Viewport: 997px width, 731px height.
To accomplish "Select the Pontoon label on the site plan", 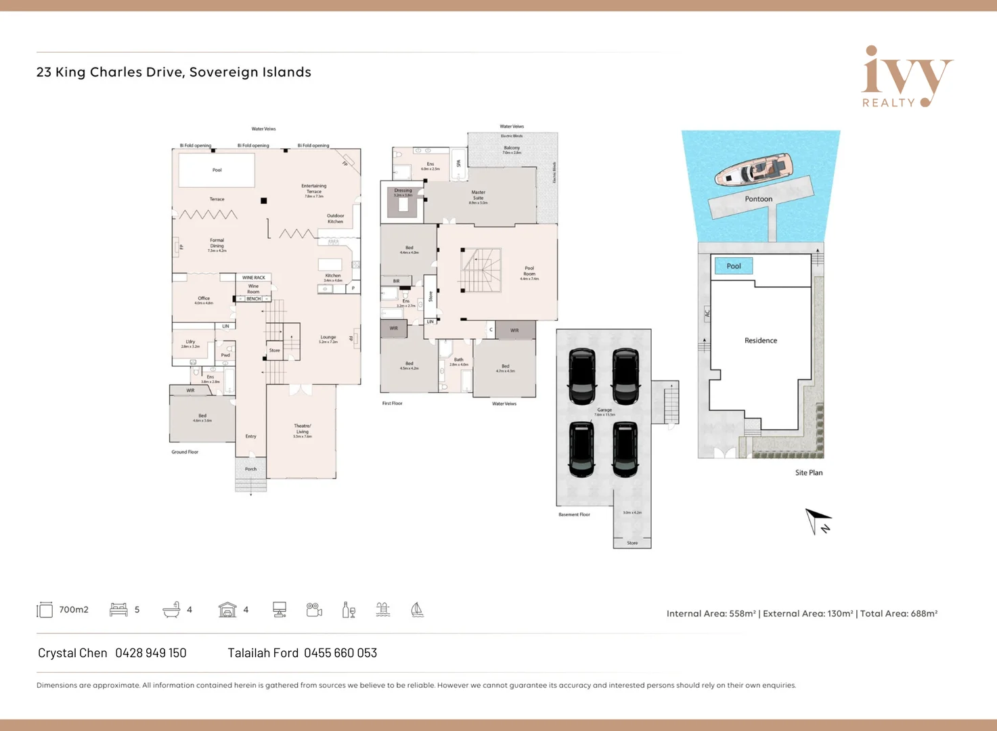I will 758,199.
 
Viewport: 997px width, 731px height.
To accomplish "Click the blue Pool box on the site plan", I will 734,266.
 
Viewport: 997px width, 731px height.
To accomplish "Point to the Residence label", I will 760,340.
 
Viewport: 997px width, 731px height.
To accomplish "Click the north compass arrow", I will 817,521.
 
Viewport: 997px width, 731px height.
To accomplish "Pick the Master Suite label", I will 478,196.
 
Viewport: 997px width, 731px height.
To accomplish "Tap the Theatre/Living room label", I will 302,429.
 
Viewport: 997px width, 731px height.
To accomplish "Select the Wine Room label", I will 253,288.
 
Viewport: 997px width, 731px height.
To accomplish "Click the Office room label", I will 204,298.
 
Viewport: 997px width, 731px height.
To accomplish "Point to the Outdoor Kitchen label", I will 335,219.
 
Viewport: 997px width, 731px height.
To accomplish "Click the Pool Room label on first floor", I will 529,271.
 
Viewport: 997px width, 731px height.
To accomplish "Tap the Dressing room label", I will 403,191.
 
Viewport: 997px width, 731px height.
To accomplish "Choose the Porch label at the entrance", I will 250,469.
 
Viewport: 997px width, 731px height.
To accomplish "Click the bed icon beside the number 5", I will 118,610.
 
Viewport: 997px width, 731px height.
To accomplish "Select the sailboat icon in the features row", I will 417,610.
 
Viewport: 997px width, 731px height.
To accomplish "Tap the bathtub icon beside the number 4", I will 171,610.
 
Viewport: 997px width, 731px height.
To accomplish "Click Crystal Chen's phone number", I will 150,653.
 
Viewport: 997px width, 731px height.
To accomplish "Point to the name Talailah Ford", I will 263,653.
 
